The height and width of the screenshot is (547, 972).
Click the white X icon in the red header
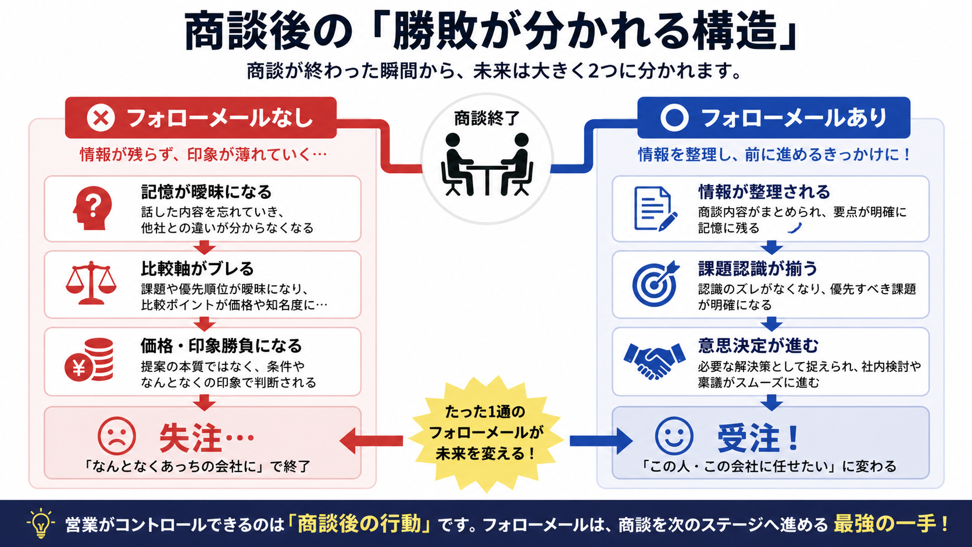pos(101,117)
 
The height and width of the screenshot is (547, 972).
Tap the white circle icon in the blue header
pos(674,117)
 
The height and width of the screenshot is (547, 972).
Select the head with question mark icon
pos(92,208)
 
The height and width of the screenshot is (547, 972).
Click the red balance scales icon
pos(91,283)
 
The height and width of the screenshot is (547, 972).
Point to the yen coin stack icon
pos(90,360)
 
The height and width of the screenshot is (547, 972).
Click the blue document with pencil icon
pos(655,209)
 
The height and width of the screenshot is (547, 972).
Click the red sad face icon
pos(117,436)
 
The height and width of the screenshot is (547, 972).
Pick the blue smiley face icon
pos(674,436)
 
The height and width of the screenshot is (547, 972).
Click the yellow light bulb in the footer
pos(41,523)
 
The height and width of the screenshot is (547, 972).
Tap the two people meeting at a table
pos(487,165)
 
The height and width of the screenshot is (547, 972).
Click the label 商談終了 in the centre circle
pos(487,118)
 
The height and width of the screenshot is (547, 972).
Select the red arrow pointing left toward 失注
pos(371,441)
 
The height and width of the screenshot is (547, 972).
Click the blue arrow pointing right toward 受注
pos(601,441)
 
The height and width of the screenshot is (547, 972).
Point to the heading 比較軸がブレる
pos(198,269)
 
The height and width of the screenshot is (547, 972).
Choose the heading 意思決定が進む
pos(758,346)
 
